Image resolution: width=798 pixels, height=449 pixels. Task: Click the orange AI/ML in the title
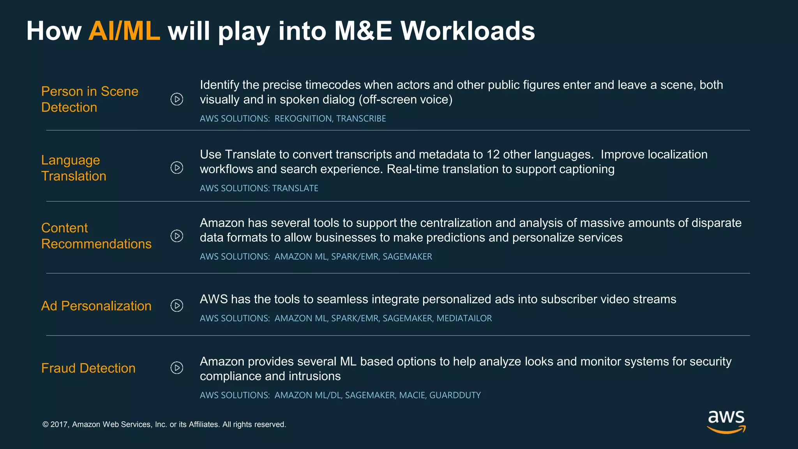(x=124, y=31)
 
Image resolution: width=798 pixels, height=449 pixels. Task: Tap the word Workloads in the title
(x=468, y=31)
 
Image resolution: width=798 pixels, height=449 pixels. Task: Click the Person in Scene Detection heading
(x=90, y=99)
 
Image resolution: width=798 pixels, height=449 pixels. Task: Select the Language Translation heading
(x=74, y=168)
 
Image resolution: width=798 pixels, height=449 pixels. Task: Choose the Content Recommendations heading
(x=96, y=236)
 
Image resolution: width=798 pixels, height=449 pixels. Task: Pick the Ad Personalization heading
(x=96, y=306)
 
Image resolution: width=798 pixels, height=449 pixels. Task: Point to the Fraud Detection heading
(x=88, y=368)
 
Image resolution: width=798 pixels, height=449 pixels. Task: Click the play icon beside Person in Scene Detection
(x=177, y=99)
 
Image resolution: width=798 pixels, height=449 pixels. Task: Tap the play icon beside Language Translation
(x=177, y=168)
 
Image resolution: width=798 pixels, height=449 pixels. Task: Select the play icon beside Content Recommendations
(x=177, y=236)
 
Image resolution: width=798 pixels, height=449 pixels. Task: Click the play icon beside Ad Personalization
(x=177, y=306)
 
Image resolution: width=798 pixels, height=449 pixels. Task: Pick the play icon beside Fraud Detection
(x=177, y=368)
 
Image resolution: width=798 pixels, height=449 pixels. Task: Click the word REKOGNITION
(x=304, y=118)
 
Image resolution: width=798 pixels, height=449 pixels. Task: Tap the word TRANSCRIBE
(x=361, y=118)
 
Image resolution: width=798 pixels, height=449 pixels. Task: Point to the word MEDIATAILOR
(x=464, y=318)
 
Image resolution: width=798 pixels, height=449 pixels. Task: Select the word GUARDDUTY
(x=455, y=395)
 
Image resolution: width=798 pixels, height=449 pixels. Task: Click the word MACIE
(x=412, y=395)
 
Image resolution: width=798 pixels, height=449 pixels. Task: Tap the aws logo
(x=726, y=421)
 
